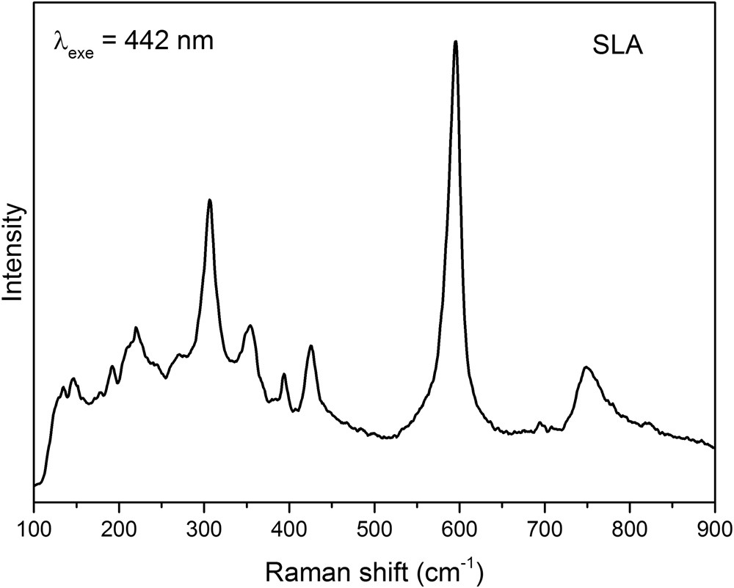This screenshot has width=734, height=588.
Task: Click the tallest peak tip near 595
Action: (x=456, y=42)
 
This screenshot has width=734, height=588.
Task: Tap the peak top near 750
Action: (x=586, y=367)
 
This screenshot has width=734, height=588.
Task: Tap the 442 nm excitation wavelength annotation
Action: (x=133, y=40)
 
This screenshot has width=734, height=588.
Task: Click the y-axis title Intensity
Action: (x=15, y=253)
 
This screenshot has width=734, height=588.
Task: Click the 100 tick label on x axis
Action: (x=34, y=525)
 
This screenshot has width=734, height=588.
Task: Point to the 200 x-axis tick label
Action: (x=119, y=525)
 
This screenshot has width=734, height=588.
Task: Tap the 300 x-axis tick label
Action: (x=204, y=525)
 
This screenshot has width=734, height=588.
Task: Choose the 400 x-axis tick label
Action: (x=289, y=525)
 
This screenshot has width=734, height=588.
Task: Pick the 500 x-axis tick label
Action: (x=374, y=525)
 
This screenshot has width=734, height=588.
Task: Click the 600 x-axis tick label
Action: (x=459, y=525)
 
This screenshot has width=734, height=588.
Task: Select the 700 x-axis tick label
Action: (x=545, y=525)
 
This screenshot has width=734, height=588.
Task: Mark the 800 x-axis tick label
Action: (x=630, y=525)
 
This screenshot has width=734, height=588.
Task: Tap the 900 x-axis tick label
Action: (x=713, y=525)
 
